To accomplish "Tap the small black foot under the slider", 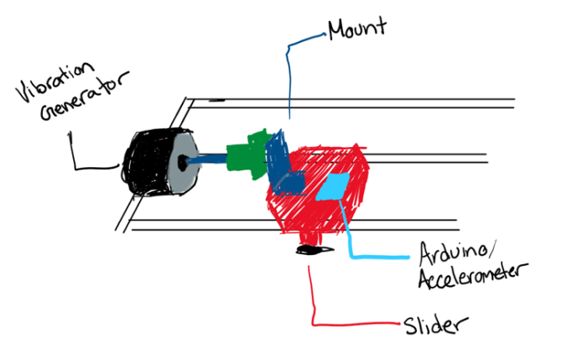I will pos(309,249).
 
